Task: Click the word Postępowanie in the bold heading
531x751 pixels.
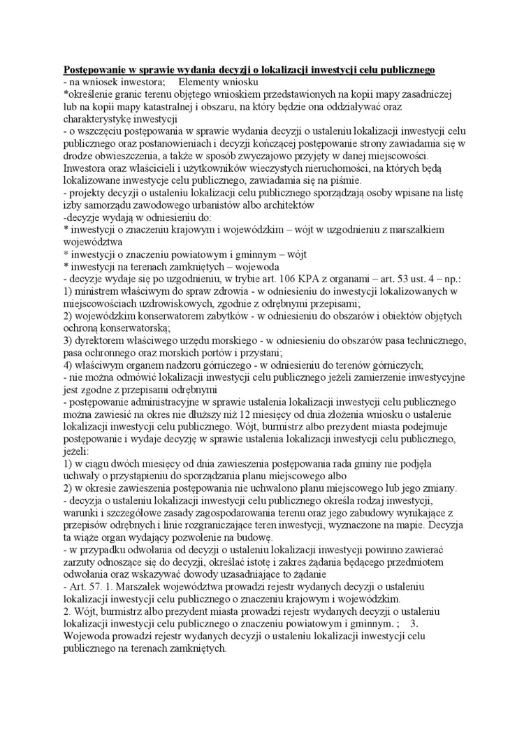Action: coord(96,71)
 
